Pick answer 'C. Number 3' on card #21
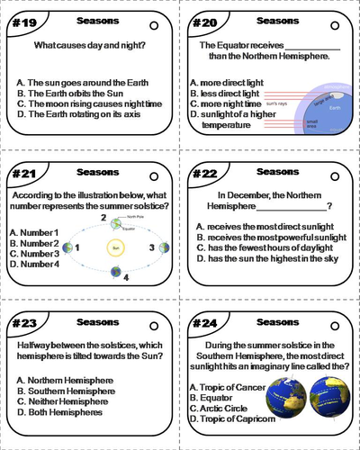tap(34, 253)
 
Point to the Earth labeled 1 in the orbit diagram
tap(67, 247)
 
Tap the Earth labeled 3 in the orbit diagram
tap(165, 247)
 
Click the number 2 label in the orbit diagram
tap(103, 217)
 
